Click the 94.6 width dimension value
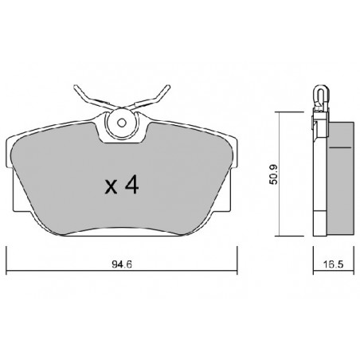click(122, 264)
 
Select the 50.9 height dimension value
click(273, 174)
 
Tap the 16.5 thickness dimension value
click(334, 264)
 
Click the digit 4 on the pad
click(132, 185)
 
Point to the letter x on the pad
click(111, 186)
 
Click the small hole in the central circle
click(122, 123)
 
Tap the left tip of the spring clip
click(76, 87)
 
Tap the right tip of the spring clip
click(168, 87)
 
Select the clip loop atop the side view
click(320, 95)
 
